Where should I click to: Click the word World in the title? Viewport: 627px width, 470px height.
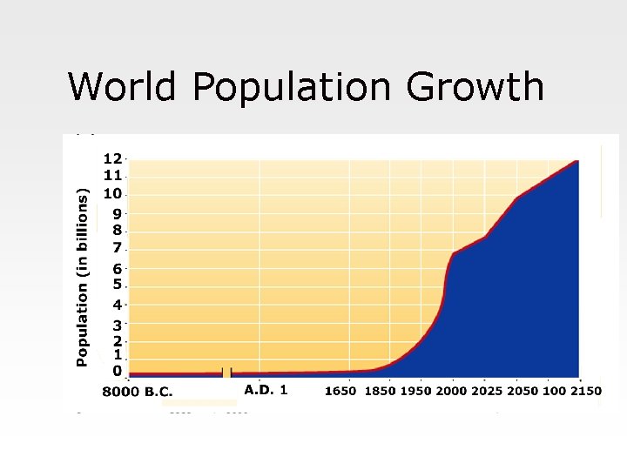point(123,87)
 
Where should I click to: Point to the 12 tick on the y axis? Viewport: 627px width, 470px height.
point(112,159)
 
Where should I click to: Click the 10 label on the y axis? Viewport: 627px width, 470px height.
point(112,193)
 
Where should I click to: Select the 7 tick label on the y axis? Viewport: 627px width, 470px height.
point(117,249)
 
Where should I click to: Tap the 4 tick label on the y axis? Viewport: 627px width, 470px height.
point(117,305)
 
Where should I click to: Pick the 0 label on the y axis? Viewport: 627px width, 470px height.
point(117,372)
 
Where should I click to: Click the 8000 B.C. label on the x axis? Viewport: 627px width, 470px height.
point(138,392)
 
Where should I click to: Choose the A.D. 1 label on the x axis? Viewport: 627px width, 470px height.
point(266,390)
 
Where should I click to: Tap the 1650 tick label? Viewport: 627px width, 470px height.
point(340,391)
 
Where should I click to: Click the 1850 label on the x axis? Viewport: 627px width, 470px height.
point(380,391)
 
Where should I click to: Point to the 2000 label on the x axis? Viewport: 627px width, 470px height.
point(451,391)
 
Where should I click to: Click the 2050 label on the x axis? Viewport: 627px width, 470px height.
point(522,391)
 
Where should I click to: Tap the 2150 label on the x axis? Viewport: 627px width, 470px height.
point(585,391)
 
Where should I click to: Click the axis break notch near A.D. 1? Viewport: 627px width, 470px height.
point(227,373)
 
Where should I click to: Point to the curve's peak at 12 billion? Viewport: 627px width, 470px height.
point(576,161)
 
